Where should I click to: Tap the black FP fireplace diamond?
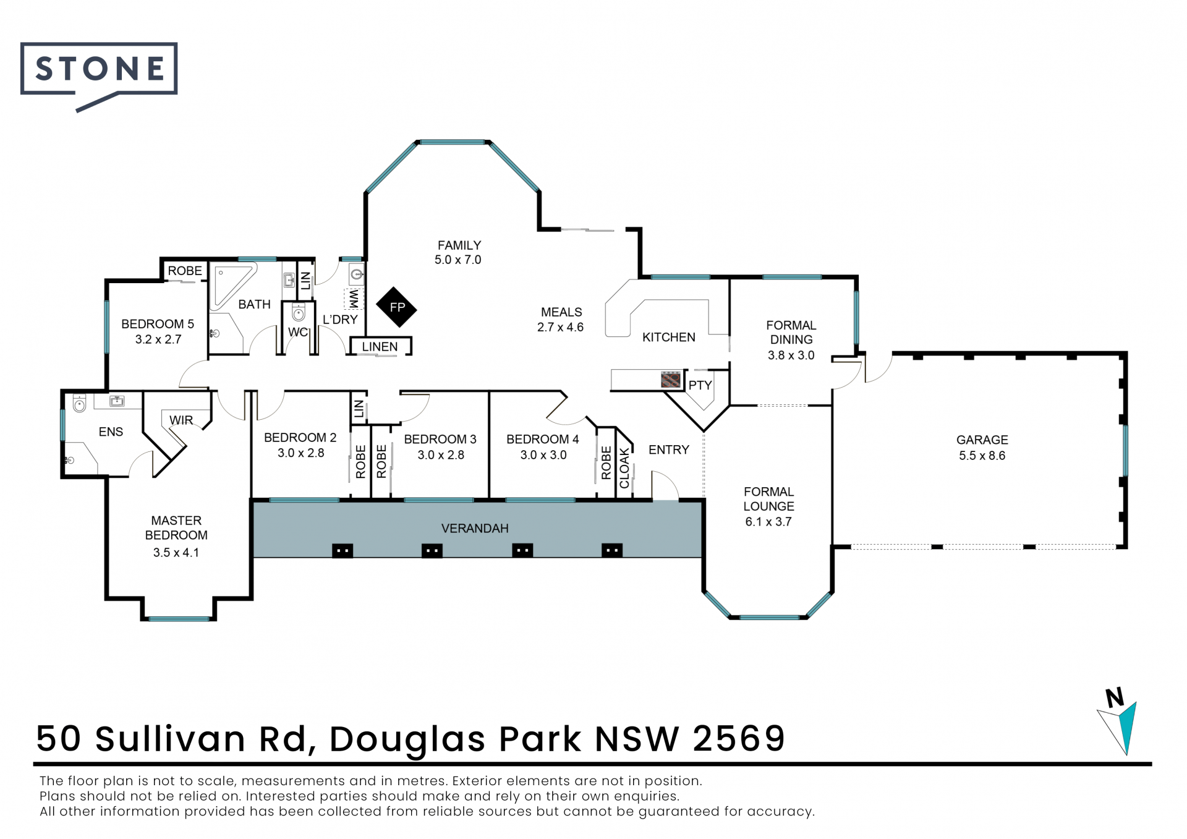pos(397,307)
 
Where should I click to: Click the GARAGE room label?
pos(982,440)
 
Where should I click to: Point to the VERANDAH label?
pos(475,529)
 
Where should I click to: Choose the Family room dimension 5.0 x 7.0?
pos(457,260)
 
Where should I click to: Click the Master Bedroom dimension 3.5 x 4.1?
pos(176,553)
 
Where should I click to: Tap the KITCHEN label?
pos(669,338)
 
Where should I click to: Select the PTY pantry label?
pos(700,385)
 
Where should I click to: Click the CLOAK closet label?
pos(624,468)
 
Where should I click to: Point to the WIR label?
pos(181,420)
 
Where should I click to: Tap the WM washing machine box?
pos(354,299)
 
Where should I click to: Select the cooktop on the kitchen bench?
pos(671,380)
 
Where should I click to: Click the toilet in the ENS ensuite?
pos(79,404)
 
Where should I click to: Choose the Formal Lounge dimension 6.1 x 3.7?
pos(768,522)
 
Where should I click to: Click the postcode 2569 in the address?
pos(739,738)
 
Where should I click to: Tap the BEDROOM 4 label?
pos(543,440)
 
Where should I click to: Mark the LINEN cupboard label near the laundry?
pos(380,347)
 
